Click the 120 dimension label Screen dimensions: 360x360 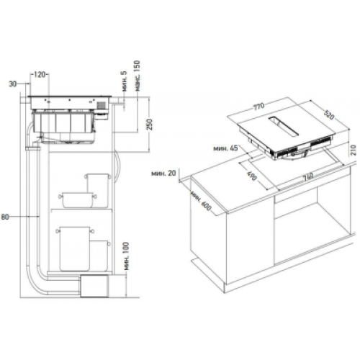click(40, 75)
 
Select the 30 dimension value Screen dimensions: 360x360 click(13, 84)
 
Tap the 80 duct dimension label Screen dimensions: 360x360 click(5, 217)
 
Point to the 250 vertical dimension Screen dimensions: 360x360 click(150, 124)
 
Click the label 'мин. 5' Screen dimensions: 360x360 click(124, 81)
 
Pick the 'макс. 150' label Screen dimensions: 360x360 click(137, 76)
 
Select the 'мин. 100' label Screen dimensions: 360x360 click(126, 256)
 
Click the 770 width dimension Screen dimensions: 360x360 click(258, 107)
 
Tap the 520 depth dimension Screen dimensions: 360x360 click(329, 114)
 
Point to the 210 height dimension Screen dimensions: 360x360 click(354, 150)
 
